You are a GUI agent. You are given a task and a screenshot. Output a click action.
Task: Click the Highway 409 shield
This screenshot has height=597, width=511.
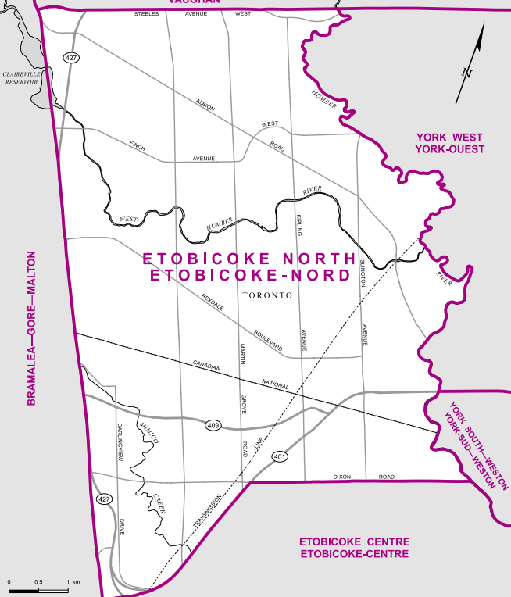(213, 425)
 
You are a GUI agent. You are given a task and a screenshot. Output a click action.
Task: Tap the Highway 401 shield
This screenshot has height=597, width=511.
(279, 456)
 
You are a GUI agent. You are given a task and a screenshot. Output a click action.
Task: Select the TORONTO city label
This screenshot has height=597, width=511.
(267, 296)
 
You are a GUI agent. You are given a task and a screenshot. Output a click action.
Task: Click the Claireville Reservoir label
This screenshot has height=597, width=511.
(21, 77)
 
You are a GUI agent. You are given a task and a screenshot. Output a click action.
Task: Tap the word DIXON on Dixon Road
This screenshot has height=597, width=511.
(342, 476)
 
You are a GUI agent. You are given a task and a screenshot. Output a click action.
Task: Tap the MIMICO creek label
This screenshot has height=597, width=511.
(148, 431)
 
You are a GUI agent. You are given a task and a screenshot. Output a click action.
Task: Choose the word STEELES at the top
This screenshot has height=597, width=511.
(146, 14)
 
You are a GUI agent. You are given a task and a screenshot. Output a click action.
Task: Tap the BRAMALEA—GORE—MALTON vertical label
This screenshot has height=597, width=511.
(32, 328)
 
